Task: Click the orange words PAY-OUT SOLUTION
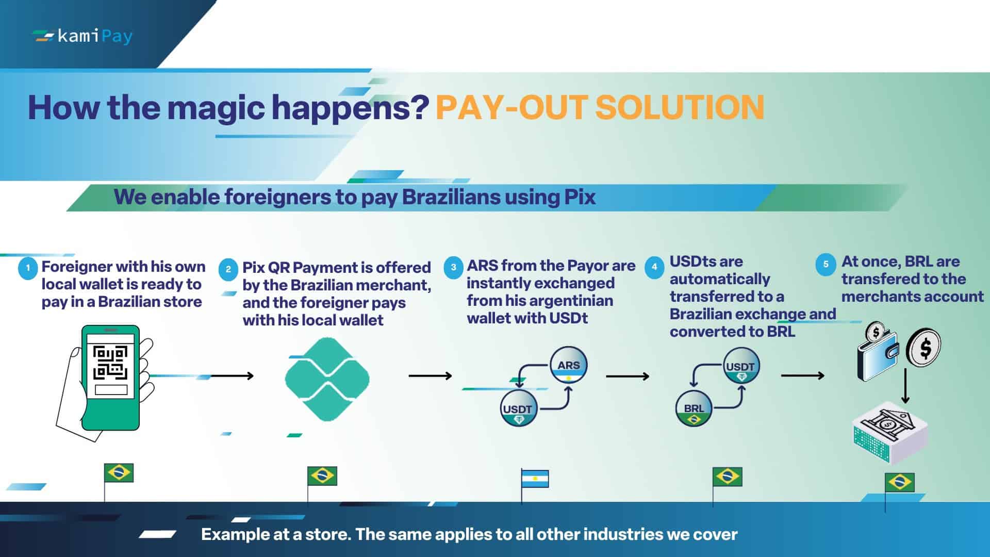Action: pos(600,107)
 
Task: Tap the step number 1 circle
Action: pos(28,268)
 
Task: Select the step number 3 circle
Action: pos(453,268)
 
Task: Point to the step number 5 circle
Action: pos(826,264)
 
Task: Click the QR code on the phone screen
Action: pos(110,363)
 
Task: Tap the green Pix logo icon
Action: pos(327,379)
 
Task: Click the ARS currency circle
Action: pos(568,365)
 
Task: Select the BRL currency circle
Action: pos(694,408)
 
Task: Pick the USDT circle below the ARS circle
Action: pos(518,409)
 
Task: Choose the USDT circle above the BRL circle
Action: pos(740,366)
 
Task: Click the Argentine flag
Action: pos(535,479)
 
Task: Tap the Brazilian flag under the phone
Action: pos(119,473)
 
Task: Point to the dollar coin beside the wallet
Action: pos(925,348)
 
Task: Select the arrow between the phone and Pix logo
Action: pos(232,376)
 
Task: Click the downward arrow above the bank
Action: pos(905,386)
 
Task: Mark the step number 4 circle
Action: pos(654,267)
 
